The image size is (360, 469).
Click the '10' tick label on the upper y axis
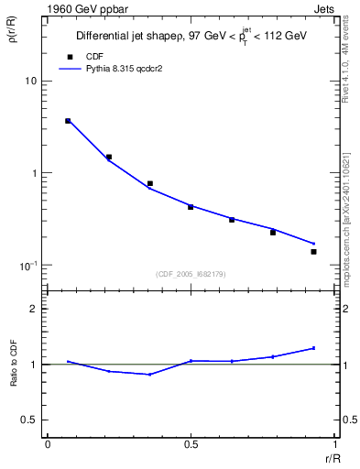tap(29, 81)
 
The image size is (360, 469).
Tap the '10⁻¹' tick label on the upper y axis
tap(27, 266)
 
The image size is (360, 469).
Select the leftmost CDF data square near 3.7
tap(68, 121)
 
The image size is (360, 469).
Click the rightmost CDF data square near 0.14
tap(313, 251)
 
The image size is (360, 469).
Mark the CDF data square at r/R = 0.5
tap(191, 207)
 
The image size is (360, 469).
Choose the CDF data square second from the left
tap(109, 157)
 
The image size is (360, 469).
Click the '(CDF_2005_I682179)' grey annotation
tap(190, 273)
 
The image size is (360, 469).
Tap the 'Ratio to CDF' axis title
tap(14, 365)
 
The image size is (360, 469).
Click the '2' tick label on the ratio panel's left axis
tap(33, 310)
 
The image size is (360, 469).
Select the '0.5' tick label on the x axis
tap(191, 444)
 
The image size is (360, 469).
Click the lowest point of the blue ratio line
tap(149, 375)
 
